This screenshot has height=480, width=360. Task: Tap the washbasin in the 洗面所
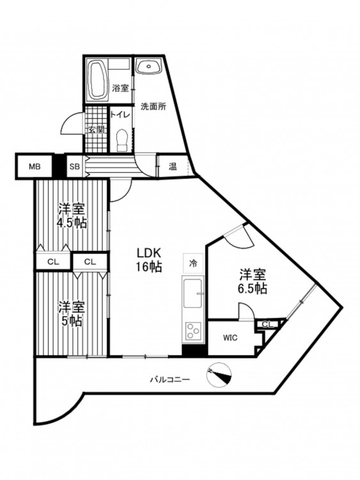coord(148,67)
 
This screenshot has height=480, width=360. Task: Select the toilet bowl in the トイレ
coord(123,140)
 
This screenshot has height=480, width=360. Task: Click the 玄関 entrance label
coord(97,130)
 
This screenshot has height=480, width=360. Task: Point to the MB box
coord(35,167)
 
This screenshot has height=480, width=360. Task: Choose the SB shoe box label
coord(75,167)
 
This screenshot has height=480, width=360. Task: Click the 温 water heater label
coord(173,167)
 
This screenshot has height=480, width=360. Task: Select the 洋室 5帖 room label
coord(71,314)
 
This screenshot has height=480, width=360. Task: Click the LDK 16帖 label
coord(149,260)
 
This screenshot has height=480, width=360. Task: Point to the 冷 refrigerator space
coord(193,263)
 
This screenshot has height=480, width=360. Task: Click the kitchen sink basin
coord(192,292)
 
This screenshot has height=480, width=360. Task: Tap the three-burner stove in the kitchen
coord(193,332)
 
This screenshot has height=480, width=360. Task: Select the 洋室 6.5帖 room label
coord(253,282)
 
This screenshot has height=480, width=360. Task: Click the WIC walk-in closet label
coord(230,338)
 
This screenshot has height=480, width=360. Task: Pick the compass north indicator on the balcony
coord(219,375)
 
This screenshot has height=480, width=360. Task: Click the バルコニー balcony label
coord(169,380)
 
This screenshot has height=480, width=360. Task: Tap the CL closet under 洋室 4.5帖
coord(53,262)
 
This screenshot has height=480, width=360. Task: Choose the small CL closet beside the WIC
coord(268,324)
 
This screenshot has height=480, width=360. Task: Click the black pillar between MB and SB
coord(59,167)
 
